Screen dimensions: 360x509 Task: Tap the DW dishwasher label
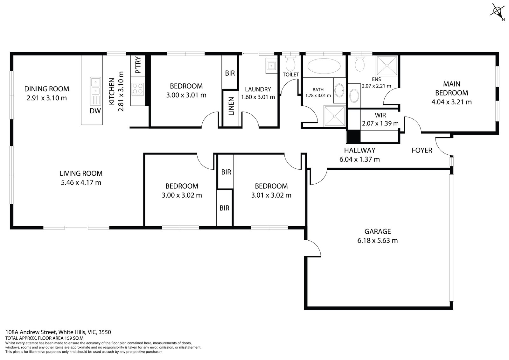pyautogui.click(x=95, y=111)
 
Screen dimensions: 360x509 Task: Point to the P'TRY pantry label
pyautogui.click(x=138, y=66)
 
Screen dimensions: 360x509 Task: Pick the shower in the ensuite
pyautogui.click(x=387, y=66)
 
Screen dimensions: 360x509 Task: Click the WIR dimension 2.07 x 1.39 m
pyautogui.click(x=380, y=123)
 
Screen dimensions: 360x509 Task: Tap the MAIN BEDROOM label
pyautogui.click(x=451, y=88)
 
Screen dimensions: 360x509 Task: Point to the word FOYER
pyautogui.click(x=422, y=150)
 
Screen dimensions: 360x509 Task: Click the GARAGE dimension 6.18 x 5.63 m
pyautogui.click(x=377, y=241)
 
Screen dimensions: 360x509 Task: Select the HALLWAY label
pyautogui.click(x=359, y=150)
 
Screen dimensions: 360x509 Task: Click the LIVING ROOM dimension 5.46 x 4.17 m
pyautogui.click(x=81, y=183)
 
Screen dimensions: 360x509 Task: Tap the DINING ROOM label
pyautogui.click(x=47, y=89)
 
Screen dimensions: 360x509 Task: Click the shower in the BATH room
pyautogui.click(x=334, y=116)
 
